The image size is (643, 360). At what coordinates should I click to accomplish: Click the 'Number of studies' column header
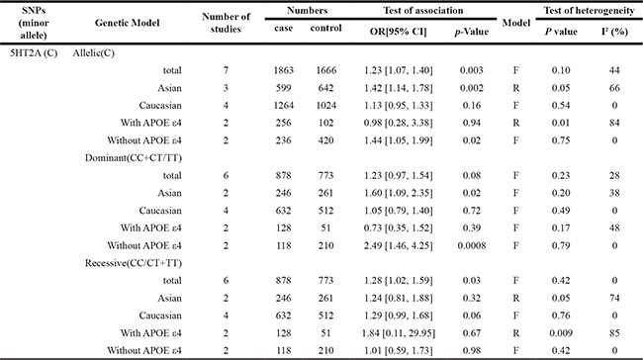click(x=226, y=23)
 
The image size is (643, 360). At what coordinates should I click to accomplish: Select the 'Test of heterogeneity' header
click(x=589, y=11)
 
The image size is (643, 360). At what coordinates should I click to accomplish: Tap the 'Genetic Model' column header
click(x=128, y=23)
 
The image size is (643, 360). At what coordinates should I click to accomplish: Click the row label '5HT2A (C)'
click(x=34, y=52)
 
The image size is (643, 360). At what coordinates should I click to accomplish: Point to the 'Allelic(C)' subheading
click(x=94, y=52)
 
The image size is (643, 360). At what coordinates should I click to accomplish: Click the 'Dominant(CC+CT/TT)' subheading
click(x=134, y=158)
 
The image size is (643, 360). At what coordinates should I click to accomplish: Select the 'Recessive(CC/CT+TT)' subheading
click(x=134, y=263)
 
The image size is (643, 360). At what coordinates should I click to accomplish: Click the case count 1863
click(x=283, y=70)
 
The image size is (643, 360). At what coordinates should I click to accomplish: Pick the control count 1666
click(x=326, y=70)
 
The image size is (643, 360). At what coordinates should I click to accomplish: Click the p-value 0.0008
click(x=472, y=245)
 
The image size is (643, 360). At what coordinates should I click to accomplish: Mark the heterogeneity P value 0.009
click(x=561, y=333)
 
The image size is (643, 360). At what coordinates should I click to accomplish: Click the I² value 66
click(x=614, y=88)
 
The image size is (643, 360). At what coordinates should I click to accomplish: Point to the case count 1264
click(x=283, y=106)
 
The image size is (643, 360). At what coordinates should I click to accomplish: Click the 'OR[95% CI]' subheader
click(x=398, y=32)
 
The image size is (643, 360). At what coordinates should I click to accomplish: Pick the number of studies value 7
click(x=226, y=70)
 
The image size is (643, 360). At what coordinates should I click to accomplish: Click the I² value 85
click(x=614, y=333)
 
